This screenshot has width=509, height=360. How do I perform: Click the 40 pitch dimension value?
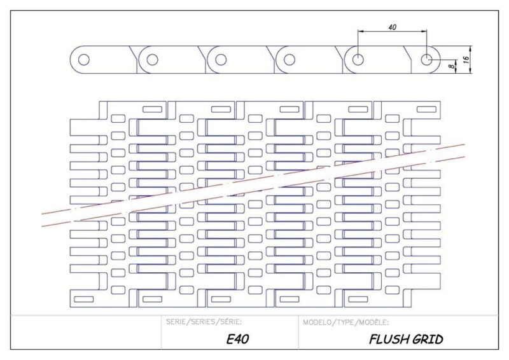point(392,27)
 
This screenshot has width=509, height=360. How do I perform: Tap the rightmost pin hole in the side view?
point(426,60)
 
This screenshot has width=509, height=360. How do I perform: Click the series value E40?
point(237,339)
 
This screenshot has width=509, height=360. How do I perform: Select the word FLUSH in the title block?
point(388,339)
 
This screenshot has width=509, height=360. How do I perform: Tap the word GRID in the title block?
point(427,339)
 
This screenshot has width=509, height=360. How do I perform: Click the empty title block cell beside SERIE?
point(86,332)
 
